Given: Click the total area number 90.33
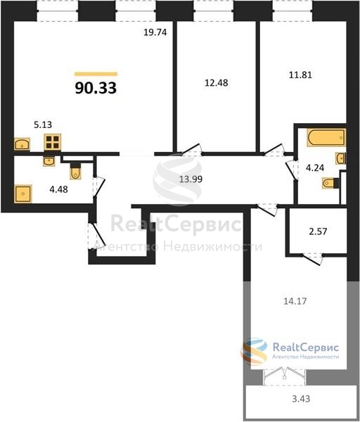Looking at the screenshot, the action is tap(96, 88).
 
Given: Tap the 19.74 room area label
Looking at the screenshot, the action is tap(155, 32).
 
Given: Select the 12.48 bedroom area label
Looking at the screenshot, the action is tap(217, 83).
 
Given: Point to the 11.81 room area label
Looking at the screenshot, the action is tap(300, 75).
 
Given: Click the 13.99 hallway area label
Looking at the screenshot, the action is tap(191, 179).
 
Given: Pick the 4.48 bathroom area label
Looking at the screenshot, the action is tap(58, 189).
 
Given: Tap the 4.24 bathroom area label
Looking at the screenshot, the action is tap(315, 168).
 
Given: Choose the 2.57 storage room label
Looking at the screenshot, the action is tap(318, 231).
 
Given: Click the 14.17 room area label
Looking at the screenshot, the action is tap(295, 301).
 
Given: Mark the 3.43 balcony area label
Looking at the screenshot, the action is tap(301, 399).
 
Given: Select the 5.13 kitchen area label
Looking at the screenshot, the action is tap(43, 124).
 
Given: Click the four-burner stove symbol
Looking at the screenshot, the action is tap(53, 142).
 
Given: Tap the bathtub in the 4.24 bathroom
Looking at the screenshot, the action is tap(326, 138).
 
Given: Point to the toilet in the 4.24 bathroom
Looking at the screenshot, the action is tap(330, 183).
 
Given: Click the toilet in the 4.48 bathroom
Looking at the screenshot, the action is tap(75, 172).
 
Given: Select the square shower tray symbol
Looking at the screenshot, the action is tap(23, 194).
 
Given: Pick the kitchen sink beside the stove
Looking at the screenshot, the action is tap(22, 144).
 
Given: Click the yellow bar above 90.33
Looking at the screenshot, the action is tap(96, 74).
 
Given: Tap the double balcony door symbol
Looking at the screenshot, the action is tap(284, 376).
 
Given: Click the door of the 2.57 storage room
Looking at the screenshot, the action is tap(313, 259).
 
